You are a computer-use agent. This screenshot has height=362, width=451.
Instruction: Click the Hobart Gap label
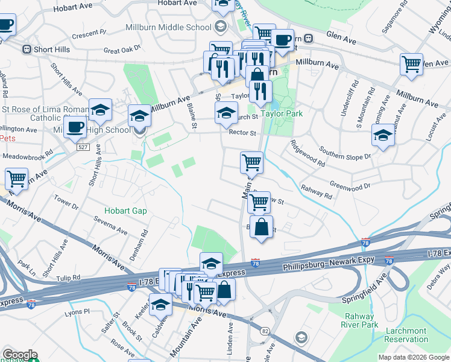point(125,211)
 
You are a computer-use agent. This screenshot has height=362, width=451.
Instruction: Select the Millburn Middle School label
point(169,27)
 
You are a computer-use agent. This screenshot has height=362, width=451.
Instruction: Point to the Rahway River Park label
point(361,320)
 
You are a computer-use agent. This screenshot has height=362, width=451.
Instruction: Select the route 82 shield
point(265,331)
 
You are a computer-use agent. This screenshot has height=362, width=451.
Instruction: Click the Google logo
point(20,355)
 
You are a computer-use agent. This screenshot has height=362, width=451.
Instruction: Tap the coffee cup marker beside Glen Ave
point(282,40)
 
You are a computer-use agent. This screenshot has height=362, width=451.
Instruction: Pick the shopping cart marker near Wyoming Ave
point(412,63)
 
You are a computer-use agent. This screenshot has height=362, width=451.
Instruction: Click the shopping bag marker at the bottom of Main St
point(261,227)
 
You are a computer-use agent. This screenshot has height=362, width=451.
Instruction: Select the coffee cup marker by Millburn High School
point(75,127)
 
